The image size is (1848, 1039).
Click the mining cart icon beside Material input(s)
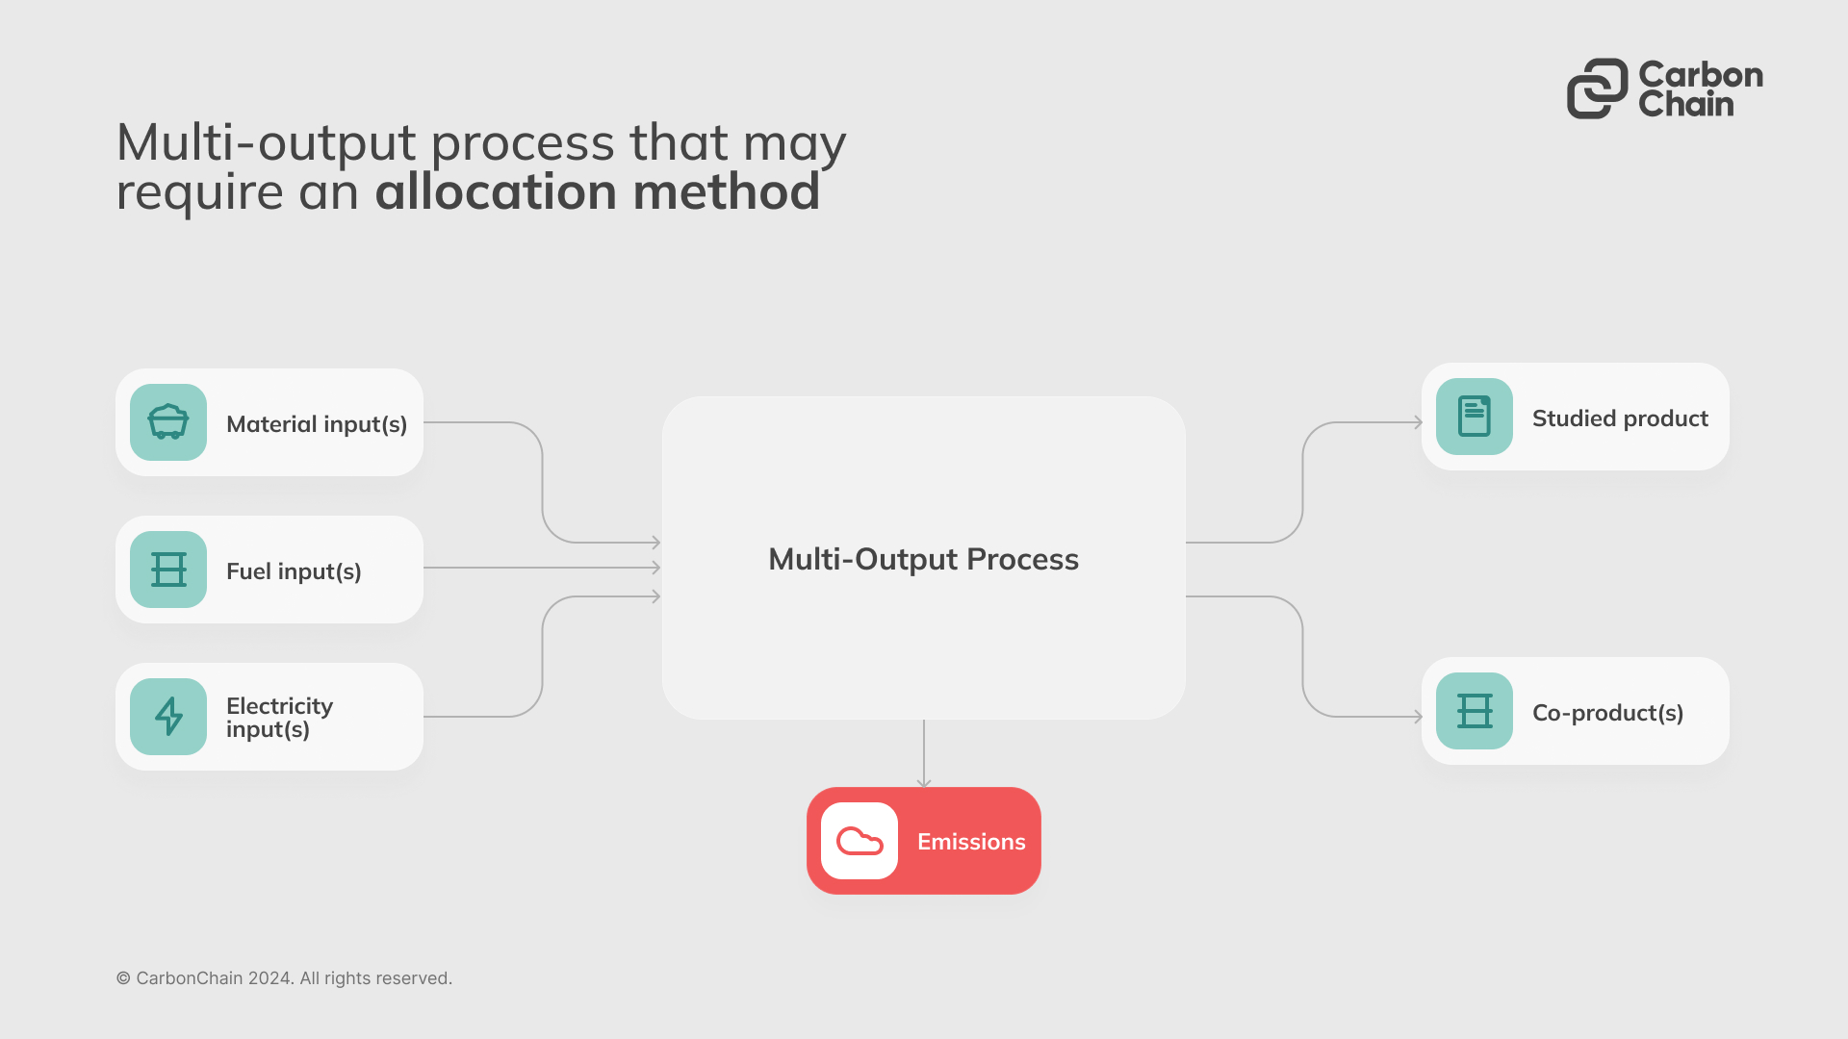click(168, 422)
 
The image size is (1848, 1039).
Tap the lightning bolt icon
click(168, 717)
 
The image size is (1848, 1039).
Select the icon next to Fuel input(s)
click(168, 570)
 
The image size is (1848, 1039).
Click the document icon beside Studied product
click(1474, 417)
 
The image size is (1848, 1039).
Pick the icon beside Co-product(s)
click(1474, 711)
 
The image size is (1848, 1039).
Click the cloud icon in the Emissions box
click(860, 841)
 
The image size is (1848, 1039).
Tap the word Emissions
click(971, 842)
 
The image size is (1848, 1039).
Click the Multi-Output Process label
click(923, 559)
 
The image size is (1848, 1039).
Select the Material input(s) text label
click(317, 424)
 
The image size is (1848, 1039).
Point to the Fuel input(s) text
click(294, 571)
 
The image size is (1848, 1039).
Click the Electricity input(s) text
click(279, 718)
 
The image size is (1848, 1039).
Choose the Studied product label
click(1620, 418)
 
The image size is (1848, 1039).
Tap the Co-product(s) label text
click(1607, 713)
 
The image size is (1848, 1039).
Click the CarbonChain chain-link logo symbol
click(1597, 89)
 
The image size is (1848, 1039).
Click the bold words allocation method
click(597, 191)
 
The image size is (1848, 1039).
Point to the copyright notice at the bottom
click(284, 978)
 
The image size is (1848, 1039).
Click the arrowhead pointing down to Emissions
click(924, 783)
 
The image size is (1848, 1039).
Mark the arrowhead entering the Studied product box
click(1418, 422)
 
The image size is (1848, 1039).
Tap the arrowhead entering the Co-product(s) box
click(1418, 717)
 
